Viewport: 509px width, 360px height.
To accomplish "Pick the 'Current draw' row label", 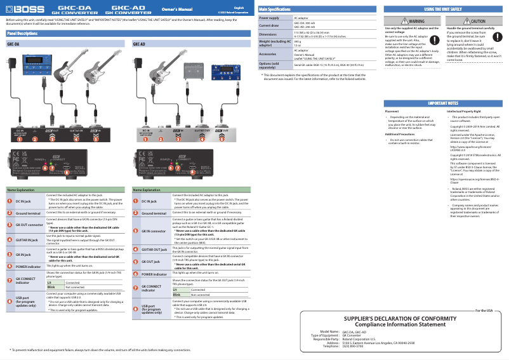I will click(269, 26).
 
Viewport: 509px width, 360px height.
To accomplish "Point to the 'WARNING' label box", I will click(412, 21).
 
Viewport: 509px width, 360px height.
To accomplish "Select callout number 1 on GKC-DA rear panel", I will click(18, 138).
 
